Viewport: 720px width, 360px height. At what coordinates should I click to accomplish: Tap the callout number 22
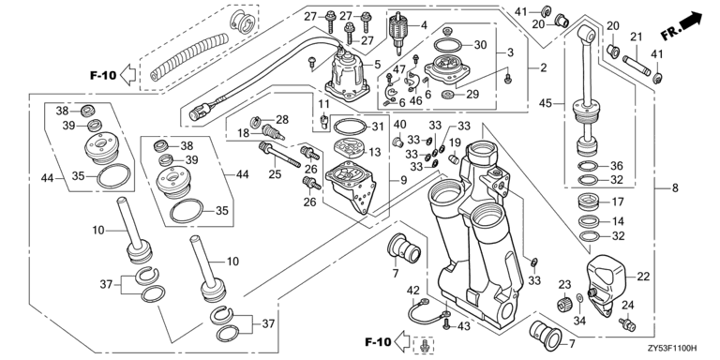tap(644, 277)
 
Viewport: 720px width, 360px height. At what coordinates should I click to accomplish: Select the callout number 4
tap(424, 25)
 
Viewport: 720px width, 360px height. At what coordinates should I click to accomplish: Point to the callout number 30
tap(480, 45)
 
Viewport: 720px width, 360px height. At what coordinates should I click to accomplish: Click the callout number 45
tap(546, 104)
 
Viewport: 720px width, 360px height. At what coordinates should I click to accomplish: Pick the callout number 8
tap(675, 187)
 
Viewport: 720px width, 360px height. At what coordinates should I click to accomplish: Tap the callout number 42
tap(413, 291)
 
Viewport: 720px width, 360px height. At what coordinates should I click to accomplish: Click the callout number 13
tap(375, 152)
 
